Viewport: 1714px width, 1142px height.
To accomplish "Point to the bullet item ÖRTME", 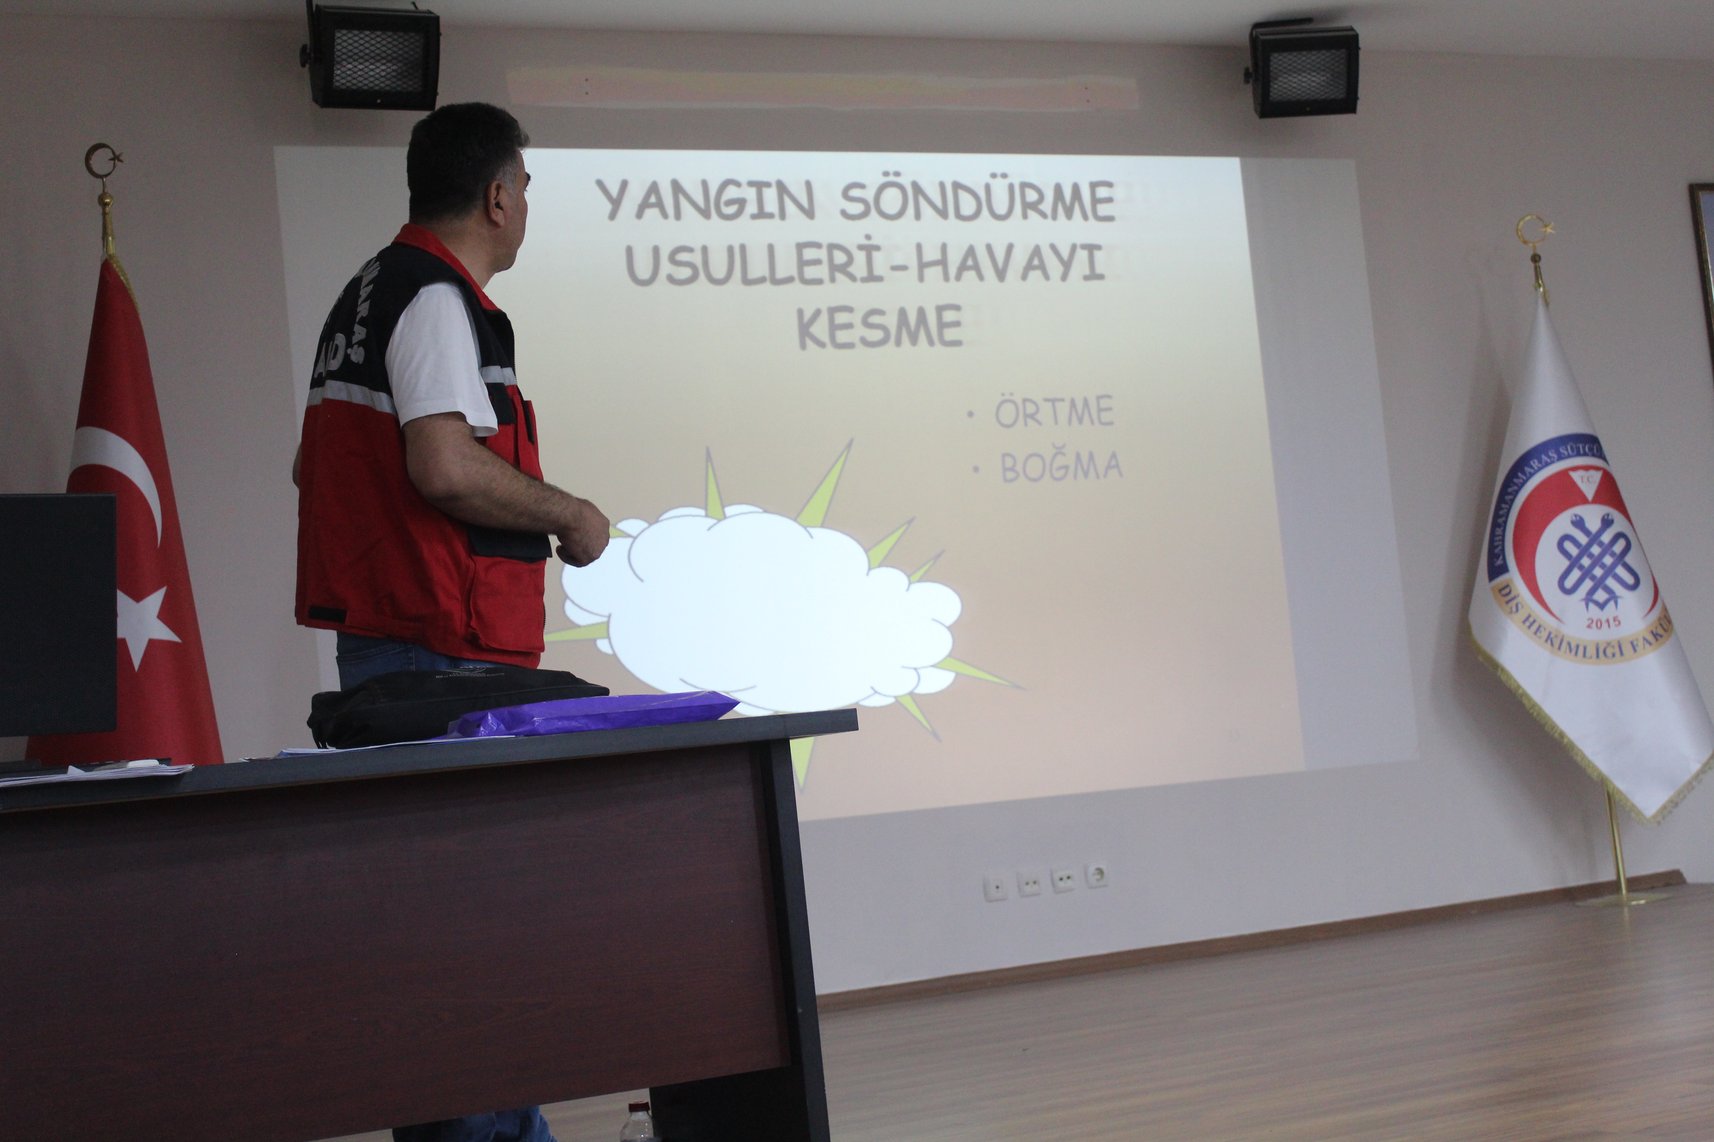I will point(1054,412).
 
